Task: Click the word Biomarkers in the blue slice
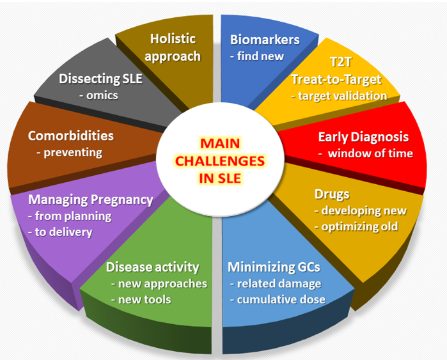[x=265, y=40]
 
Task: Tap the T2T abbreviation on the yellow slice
[x=341, y=62]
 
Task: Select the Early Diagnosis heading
[x=363, y=137]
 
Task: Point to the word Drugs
[x=332, y=194]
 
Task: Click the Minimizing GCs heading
[x=274, y=267]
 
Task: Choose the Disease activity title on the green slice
[x=152, y=267]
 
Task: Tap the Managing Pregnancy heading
[x=91, y=200]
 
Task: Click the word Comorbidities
[x=71, y=136]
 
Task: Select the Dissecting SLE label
[x=100, y=79]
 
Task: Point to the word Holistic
[x=173, y=39]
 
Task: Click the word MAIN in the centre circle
[x=220, y=143]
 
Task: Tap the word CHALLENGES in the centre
[x=220, y=161]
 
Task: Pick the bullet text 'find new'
[x=260, y=56]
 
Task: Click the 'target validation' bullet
[x=342, y=96]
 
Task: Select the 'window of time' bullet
[x=370, y=153]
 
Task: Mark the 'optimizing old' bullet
[x=359, y=226]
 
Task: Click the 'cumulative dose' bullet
[x=281, y=299]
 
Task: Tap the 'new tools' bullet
[x=145, y=299]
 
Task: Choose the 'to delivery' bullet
[x=63, y=232]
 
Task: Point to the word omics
[x=102, y=95]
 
